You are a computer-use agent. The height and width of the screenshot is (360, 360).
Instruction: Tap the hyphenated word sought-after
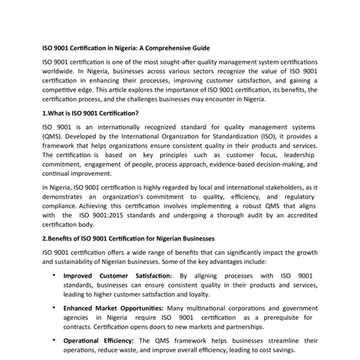(169, 62)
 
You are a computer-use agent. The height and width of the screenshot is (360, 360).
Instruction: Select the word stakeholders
(279, 188)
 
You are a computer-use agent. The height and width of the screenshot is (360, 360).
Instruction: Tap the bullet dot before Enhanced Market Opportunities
(55, 308)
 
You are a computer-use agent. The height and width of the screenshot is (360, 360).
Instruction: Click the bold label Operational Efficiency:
(99, 341)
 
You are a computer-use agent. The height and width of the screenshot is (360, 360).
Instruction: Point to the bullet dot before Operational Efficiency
(55, 341)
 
